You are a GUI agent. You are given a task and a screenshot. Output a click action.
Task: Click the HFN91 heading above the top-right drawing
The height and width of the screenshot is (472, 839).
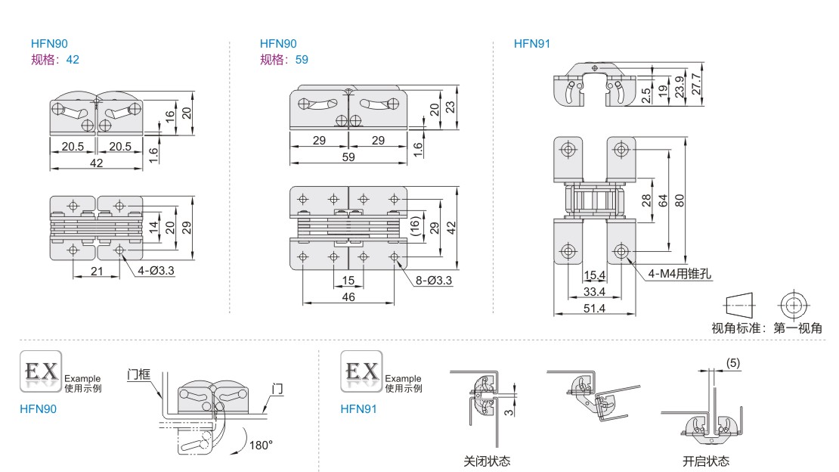tap(531, 44)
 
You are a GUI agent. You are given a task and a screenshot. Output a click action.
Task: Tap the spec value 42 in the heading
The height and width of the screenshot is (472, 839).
tap(73, 59)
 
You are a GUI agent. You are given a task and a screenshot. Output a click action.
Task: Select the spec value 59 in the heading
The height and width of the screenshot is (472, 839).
tap(302, 59)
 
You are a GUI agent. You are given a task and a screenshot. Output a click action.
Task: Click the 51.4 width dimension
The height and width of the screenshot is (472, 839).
tap(595, 308)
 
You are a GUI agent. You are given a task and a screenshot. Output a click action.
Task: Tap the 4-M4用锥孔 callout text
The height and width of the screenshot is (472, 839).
tap(680, 274)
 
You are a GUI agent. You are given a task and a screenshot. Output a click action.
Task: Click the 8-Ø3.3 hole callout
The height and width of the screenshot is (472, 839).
tap(434, 281)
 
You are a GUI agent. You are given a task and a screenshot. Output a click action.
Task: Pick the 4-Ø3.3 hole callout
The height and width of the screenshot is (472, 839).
tap(156, 270)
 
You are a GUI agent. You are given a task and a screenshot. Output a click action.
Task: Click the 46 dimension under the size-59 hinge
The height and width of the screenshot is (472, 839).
tap(348, 297)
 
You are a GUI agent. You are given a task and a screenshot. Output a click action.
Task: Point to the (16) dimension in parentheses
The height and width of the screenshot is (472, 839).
tap(414, 226)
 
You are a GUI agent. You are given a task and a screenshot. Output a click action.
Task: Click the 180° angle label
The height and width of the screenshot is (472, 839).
tap(260, 446)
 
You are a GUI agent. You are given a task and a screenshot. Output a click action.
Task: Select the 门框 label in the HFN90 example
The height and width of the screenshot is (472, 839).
tap(141, 373)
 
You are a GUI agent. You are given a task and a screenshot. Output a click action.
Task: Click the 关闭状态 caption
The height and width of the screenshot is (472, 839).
tap(487, 461)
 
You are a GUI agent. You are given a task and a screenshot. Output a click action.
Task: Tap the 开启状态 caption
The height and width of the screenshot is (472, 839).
tap(706, 461)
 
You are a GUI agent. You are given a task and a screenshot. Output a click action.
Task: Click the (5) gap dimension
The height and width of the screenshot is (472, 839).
tap(732, 363)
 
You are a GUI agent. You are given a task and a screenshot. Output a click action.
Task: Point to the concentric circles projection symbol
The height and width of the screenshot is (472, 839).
tap(793, 306)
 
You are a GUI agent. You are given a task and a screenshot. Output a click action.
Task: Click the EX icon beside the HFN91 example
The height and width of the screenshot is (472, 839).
tap(361, 371)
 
